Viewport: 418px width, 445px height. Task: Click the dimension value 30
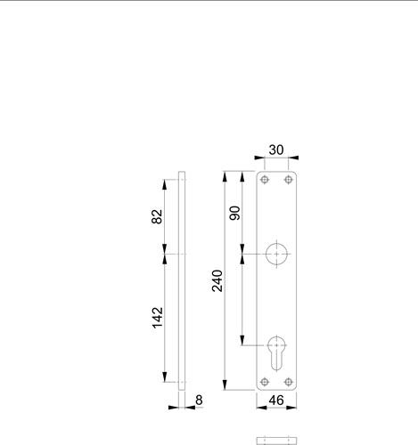coord(276,150)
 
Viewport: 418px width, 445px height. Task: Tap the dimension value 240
coord(217,280)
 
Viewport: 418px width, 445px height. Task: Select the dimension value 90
coord(234,213)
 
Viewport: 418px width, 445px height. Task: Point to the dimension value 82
coord(157,216)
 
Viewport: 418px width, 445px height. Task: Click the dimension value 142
coord(158,318)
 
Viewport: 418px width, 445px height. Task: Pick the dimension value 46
coord(276,400)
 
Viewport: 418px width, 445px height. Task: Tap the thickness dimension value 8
coord(199,400)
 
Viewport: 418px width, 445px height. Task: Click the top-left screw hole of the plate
coord(265,180)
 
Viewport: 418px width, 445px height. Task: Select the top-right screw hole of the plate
coord(288,180)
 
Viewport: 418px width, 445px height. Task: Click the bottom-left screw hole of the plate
coord(265,382)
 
